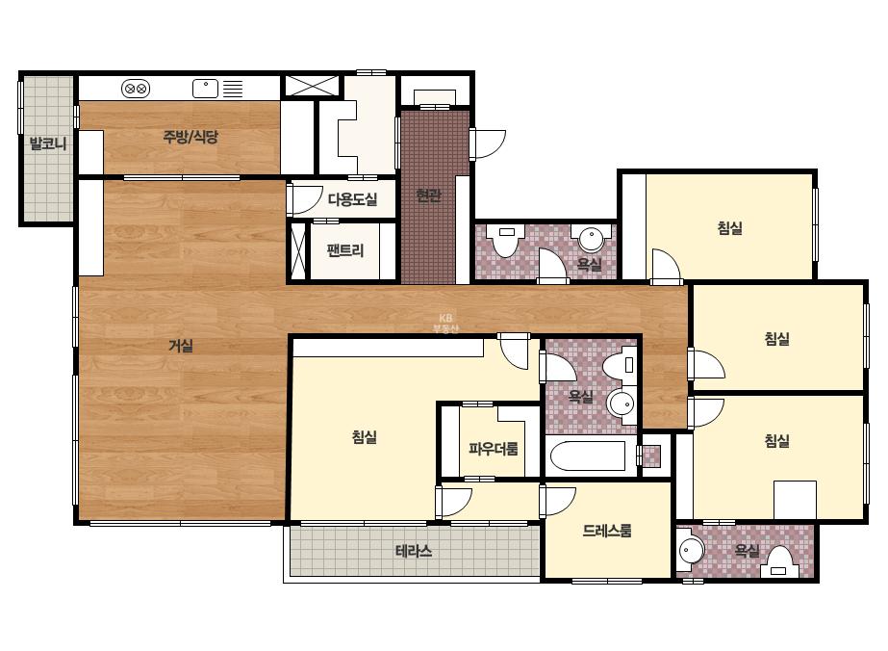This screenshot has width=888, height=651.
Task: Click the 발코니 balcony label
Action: pos(48,143)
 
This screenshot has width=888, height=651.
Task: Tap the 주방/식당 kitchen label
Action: pos(190,136)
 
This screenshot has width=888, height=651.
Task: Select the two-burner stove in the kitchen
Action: pos(136,89)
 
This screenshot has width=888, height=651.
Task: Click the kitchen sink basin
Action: pos(205,89)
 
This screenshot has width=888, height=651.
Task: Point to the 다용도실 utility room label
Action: pos(352,199)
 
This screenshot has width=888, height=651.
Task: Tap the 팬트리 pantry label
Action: pos(344,250)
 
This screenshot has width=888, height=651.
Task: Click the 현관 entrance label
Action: pos(428,195)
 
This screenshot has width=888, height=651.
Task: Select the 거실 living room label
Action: pos(181,346)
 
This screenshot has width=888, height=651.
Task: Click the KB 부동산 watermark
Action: pos(445,324)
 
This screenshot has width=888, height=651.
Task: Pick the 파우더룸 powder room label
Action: pos(494,449)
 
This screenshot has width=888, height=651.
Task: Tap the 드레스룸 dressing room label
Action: pos(607,531)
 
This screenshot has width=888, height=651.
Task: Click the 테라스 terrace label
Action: pos(414,551)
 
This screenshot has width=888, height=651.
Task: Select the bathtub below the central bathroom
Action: pos(588,456)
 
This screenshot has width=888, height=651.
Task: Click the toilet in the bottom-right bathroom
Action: pos(780,563)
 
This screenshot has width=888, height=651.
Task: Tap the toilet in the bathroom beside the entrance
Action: pos(506,240)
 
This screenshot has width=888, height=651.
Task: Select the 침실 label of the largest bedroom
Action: pos(365,436)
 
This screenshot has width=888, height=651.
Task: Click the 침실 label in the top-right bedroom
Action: pos(729,228)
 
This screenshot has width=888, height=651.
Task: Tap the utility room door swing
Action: pos(306,199)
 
